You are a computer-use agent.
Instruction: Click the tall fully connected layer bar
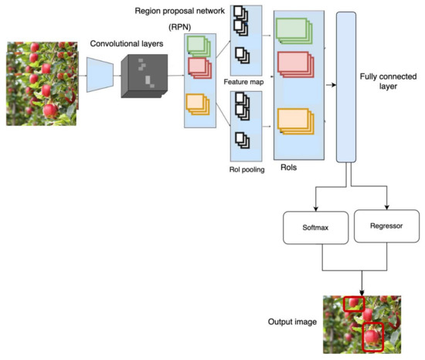pos(345,87)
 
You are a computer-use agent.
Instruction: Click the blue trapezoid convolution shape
pos(100,76)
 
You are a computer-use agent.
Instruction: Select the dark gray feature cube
pos(143,76)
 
